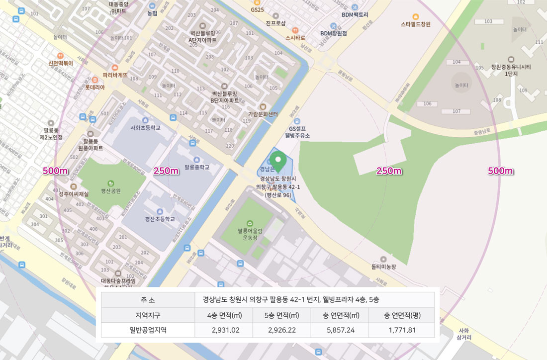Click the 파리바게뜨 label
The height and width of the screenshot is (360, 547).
pos(115,75)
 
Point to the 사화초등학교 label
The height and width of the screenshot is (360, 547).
pos(145,127)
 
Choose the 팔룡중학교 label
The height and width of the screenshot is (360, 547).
pos(196,167)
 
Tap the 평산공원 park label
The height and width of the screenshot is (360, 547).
pos(111,190)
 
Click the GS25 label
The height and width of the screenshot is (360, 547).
pos(257,9)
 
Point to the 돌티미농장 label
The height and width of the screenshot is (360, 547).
pos(383,267)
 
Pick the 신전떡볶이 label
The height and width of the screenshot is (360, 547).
pos(60,63)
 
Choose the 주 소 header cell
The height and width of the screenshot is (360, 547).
pos(148,300)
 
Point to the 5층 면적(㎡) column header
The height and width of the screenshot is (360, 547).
pos(281,315)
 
